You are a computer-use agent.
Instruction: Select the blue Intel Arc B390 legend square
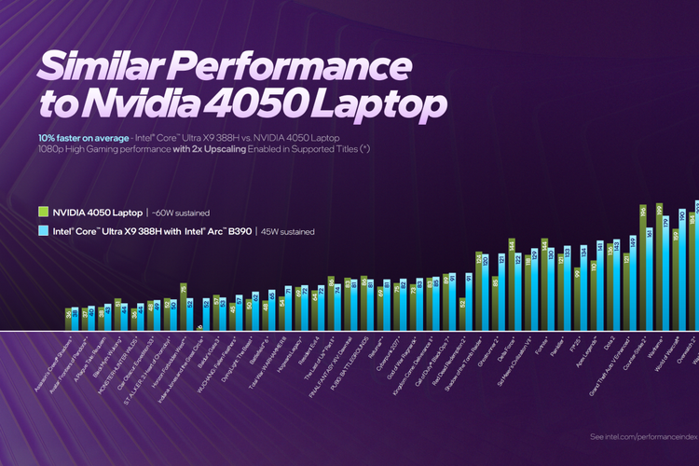[x=43, y=230]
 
